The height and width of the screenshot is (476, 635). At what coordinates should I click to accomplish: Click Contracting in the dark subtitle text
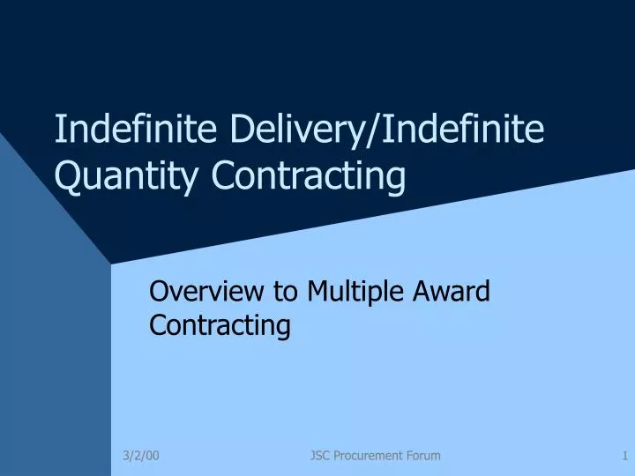click(x=220, y=325)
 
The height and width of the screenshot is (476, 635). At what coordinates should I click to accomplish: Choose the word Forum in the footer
click(x=423, y=455)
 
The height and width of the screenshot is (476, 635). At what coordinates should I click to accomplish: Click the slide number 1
click(x=624, y=455)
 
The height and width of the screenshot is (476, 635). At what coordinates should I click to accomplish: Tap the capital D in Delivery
click(x=242, y=130)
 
